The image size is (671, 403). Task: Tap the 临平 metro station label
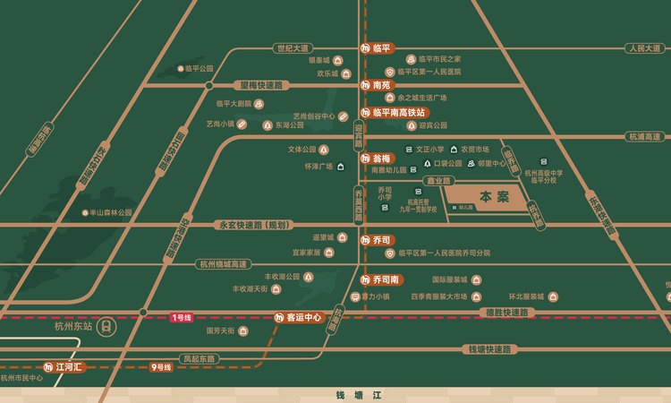pos(377,47)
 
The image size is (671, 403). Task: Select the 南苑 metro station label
pos(377,85)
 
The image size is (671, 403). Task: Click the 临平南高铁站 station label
pos(394,113)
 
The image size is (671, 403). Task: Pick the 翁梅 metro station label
pos(377,158)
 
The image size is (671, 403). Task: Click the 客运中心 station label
pos(298,317)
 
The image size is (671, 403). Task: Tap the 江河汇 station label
pos(64,367)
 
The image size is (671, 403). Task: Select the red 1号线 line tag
pos(181,317)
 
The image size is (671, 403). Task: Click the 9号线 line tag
pos(161,367)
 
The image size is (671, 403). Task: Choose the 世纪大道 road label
pos(293,47)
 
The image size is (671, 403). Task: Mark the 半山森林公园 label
pos(110,213)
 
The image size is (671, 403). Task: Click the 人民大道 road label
pos(642,47)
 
